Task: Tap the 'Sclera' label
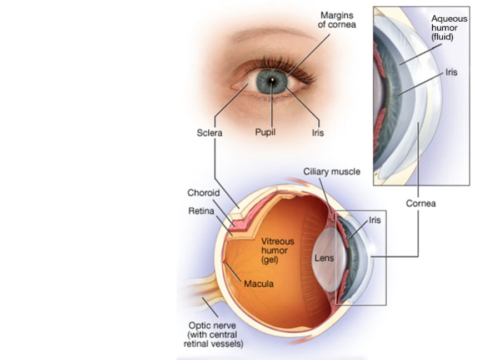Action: click(209, 133)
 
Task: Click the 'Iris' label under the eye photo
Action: click(317, 133)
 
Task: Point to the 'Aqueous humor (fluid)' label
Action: click(449, 28)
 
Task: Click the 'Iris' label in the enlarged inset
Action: click(451, 72)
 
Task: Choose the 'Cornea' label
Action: click(421, 203)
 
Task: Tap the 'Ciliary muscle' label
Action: click(331, 172)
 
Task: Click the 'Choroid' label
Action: click(203, 193)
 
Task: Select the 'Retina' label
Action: click(201, 211)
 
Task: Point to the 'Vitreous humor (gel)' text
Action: click(278, 251)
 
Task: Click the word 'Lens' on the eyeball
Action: click(324, 258)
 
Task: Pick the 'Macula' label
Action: click(259, 284)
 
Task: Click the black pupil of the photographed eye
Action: click(272, 82)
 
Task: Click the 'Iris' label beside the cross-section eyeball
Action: click(375, 221)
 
